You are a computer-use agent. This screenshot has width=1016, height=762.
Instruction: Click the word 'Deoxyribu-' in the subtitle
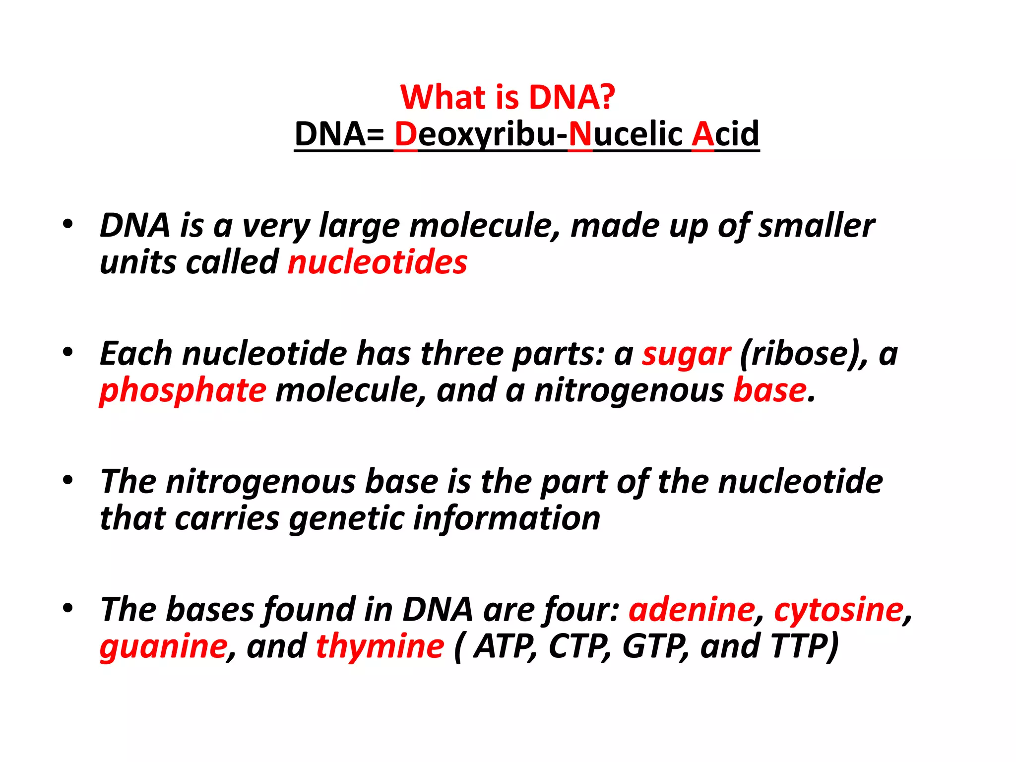[x=480, y=134]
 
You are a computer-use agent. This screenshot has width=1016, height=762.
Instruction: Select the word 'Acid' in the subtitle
[x=725, y=134]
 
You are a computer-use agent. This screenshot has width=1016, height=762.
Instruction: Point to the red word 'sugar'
[x=686, y=354]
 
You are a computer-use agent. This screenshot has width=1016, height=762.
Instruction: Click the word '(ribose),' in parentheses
[x=804, y=354]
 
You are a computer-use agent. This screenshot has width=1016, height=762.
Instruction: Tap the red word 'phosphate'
[x=183, y=391]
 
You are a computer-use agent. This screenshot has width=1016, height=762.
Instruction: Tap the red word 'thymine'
[x=380, y=646]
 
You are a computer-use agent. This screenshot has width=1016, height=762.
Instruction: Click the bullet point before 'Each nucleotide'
[x=68, y=352]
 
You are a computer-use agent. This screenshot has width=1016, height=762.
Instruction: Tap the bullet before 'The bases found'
[x=68, y=608]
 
